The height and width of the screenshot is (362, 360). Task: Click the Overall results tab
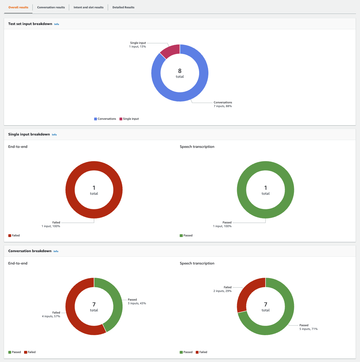tap(18, 7)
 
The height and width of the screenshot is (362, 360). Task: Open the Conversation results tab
tap(51, 7)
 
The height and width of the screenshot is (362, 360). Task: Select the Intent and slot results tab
tap(89, 7)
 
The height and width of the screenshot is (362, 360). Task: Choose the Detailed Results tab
tap(123, 7)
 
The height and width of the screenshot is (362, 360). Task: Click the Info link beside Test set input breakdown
tap(57, 24)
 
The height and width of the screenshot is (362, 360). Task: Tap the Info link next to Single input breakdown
tap(54, 135)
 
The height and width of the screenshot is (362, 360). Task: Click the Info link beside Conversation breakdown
tap(56, 251)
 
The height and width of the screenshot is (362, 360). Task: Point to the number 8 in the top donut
tap(180, 71)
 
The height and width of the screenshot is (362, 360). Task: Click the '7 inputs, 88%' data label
tap(223, 106)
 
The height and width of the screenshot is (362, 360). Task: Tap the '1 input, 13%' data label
tap(137, 47)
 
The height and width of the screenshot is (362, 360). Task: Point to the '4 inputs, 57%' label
tap(51, 316)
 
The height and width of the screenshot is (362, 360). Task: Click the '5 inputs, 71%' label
tap(308, 329)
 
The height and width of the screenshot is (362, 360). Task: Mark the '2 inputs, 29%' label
tap(222, 291)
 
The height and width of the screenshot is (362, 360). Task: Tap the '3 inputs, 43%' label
tap(137, 303)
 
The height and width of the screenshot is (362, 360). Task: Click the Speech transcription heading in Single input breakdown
tap(197, 147)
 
